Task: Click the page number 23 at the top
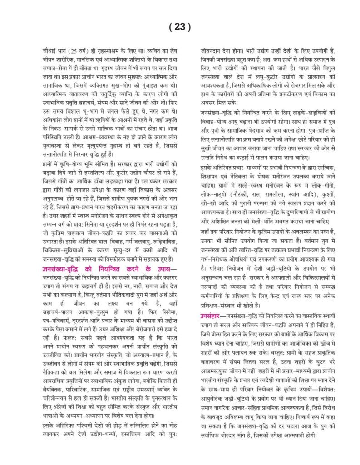(x=180, y=27)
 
